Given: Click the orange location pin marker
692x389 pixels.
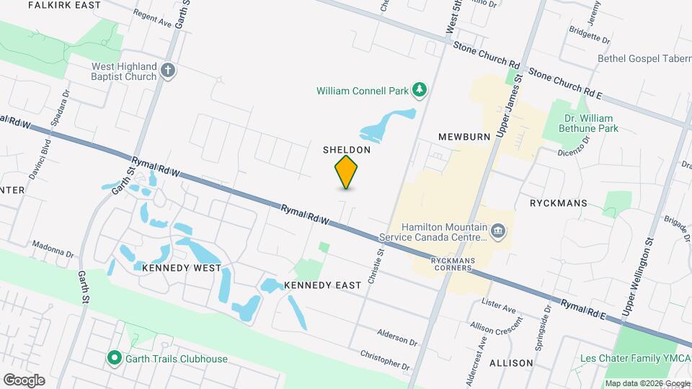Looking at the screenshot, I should [x=346, y=171].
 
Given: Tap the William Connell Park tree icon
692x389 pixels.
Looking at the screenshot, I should [x=418, y=90].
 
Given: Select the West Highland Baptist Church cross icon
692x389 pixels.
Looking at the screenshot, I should [x=168, y=71].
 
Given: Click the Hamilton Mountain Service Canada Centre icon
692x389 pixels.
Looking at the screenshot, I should [x=497, y=231].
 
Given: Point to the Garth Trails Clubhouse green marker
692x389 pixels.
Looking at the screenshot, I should [x=113, y=358].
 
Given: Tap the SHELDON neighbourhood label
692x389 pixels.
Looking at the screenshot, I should [x=346, y=150].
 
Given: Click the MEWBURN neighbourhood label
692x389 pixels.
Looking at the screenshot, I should [x=464, y=136].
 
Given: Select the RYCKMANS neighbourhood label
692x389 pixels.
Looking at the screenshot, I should [x=558, y=204].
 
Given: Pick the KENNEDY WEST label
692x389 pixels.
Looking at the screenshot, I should [x=172, y=268].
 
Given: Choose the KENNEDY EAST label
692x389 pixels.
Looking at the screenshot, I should [x=322, y=285].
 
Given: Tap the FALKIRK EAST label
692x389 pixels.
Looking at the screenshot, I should [x=64, y=5].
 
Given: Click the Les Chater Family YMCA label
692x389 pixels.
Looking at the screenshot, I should [x=631, y=359].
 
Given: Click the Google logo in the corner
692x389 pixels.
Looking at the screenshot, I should [x=24, y=380].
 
